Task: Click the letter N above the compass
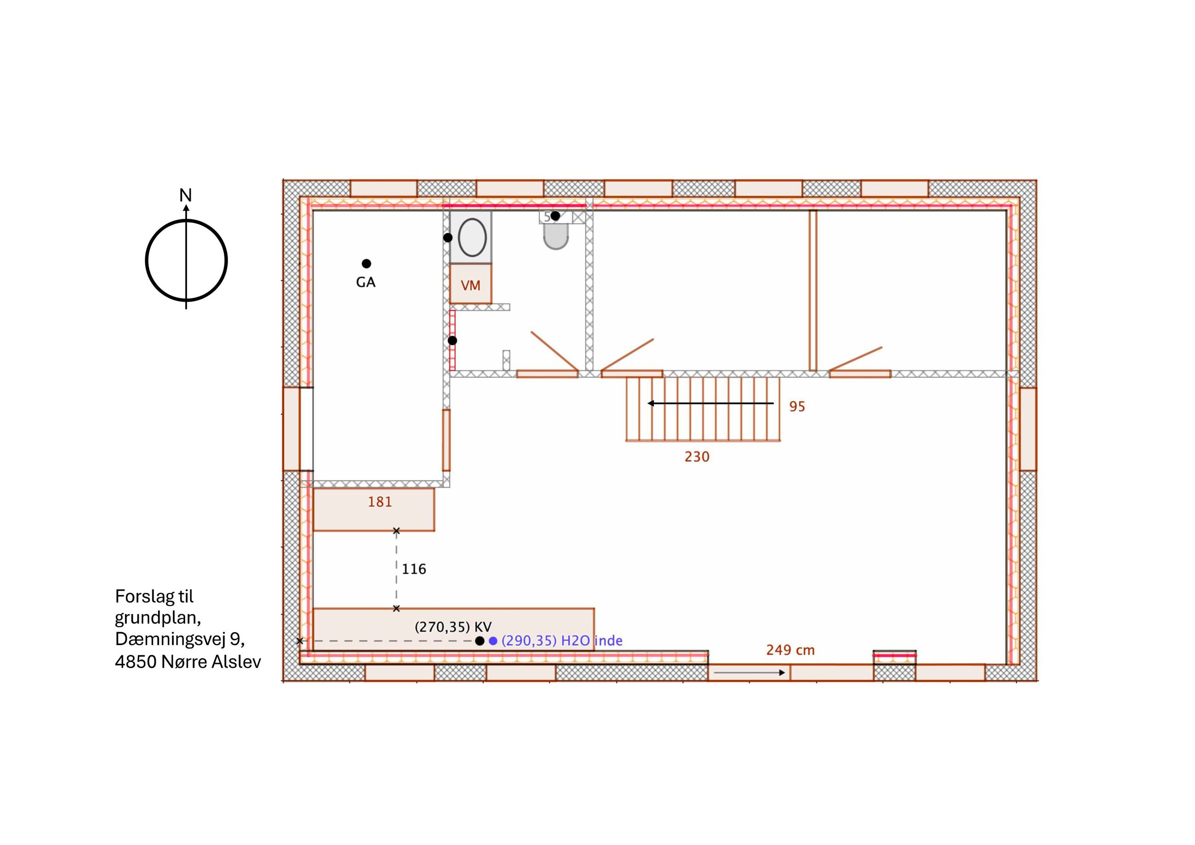[x=185, y=195]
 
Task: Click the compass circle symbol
[x=146, y=260]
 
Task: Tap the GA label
[x=365, y=282]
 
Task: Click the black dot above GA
[x=366, y=263]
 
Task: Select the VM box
[x=471, y=284]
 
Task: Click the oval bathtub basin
[x=472, y=237]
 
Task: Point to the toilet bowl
[x=556, y=237]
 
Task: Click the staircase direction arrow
[x=711, y=403]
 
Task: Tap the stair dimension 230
[x=697, y=457]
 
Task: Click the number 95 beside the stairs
[x=797, y=406]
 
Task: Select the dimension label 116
[x=414, y=569]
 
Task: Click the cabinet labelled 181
[x=374, y=510]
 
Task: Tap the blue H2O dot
[x=493, y=641]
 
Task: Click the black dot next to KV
[x=480, y=641]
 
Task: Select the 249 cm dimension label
[x=790, y=650]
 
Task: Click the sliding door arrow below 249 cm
[x=749, y=673]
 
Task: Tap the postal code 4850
[x=135, y=662]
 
